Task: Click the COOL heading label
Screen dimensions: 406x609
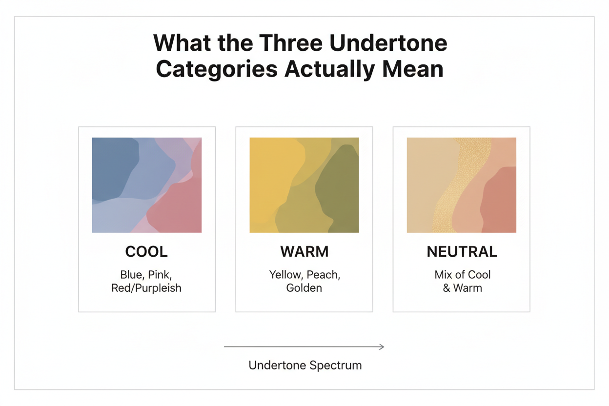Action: [x=146, y=252]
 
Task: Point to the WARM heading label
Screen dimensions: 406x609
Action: [x=304, y=252]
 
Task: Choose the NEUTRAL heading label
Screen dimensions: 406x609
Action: [x=462, y=252]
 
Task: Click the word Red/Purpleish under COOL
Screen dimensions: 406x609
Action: [x=146, y=288]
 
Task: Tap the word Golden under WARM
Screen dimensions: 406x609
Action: [x=304, y=288]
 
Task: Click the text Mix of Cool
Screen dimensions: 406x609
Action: [x=462, y=275]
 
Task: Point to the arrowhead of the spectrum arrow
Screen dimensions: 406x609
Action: [x=382, y=347]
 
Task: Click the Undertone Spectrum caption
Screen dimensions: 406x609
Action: [x=305, y=365]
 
